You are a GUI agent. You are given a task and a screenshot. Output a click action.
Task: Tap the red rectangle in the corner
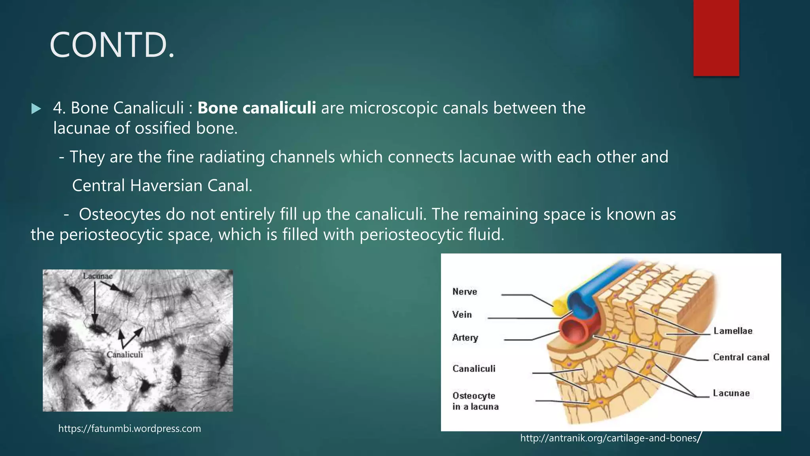coord(716,38)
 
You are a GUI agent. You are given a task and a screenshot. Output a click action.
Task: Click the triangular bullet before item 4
coord(36,108)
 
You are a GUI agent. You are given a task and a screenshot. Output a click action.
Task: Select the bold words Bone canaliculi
coord(256,108)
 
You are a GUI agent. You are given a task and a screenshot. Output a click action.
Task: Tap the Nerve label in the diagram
coord(465,292)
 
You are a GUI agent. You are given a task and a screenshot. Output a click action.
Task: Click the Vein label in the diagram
coord(462,315)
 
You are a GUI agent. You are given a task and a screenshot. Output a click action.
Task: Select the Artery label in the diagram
coord(465,338)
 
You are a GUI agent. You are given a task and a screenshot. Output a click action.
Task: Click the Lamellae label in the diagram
coord(733,331)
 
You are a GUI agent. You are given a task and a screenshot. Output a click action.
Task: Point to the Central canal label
coord(741,357)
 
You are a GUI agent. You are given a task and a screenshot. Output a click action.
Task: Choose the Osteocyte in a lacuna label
coord(475,401)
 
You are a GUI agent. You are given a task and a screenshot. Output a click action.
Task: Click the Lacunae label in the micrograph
coord(98,276)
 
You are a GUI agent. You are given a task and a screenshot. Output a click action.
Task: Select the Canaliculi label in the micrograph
coord(125,355)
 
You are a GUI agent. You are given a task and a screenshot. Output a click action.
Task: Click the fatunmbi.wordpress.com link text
coord(129,429)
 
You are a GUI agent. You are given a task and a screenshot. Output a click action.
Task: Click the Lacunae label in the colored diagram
coord(731,393)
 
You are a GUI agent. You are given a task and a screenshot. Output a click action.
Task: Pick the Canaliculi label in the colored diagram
coord(474,369)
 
